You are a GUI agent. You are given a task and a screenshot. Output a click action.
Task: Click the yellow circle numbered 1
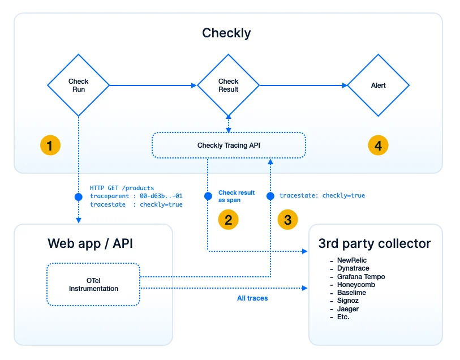pos(50,145)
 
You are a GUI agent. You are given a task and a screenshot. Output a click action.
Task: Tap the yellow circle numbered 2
pos(228,220)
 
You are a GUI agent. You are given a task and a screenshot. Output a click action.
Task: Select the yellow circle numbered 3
pos(287,220)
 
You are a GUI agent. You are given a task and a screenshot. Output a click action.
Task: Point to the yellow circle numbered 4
pos(378,145)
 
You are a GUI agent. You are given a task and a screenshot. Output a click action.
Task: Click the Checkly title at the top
pos(226,33)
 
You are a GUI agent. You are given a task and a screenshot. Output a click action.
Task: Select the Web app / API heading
pos(90,243)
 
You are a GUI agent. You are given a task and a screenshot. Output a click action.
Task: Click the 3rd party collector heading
pos(375,243)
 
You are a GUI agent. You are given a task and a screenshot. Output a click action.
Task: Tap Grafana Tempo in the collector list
pos(361,276)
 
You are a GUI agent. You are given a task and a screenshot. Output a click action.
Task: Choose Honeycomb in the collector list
pos(356,285)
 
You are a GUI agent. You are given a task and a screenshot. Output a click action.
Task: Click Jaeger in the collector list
pos(347,308)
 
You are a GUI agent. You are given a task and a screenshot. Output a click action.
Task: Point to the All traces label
pos(252,298)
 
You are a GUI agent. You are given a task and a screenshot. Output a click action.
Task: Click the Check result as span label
pos(237,196)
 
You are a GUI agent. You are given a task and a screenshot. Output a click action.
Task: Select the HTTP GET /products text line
pos(122,188)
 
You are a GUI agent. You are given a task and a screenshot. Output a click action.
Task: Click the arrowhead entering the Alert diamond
pos(345,85)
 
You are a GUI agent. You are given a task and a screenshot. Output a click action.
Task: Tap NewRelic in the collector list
pos(352,260)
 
